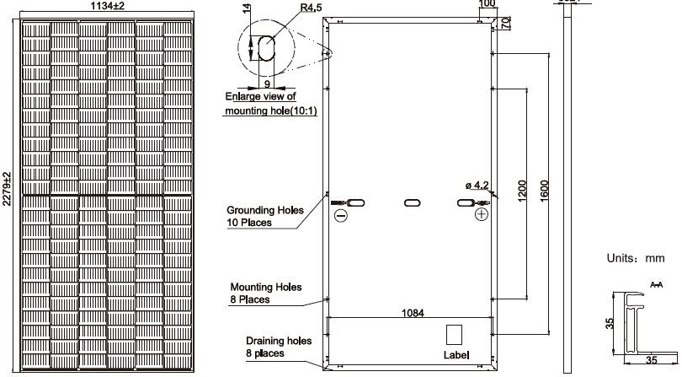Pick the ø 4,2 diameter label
coord(477,184)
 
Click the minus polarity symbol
coord(341,216)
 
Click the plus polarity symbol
coord(482,216)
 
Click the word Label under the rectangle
coord(456,355)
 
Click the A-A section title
coord(658,285)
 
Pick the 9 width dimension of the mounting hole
coord(266,83)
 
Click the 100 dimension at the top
coord(486,4)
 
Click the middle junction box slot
coord(413,203)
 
